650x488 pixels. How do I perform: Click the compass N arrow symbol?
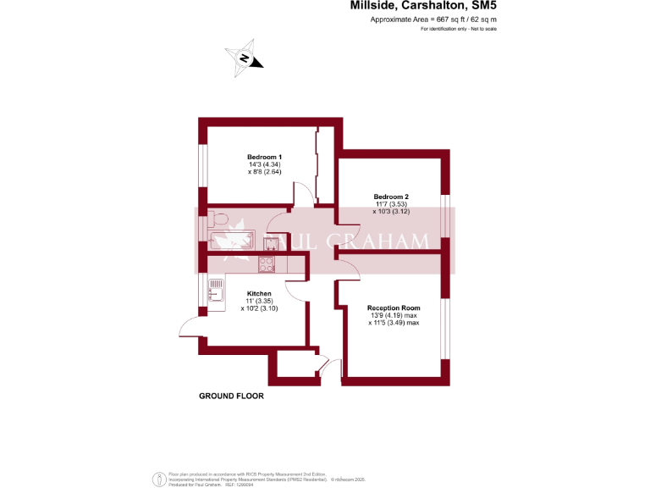[x=245, y=58]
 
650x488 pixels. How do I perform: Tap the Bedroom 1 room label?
[x=264, y=157]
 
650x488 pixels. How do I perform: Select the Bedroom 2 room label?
[x=391, y=197]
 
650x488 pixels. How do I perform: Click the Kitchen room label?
[x=259, y=293]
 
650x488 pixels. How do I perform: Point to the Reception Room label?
[x=394, y=308]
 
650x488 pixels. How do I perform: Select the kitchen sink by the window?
[x=216, y=290]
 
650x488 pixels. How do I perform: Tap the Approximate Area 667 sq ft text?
[x=433, y=19]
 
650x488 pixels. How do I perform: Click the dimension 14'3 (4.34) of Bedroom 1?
[x=264, y=164]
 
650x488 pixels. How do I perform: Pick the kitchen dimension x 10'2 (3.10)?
[x=259, y=308]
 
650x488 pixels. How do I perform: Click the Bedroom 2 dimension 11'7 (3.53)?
[x=391, y=204]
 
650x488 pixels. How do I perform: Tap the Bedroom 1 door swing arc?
[x=303, y=193]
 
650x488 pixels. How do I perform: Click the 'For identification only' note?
[x=458, y=29]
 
